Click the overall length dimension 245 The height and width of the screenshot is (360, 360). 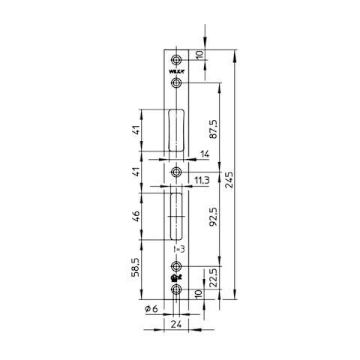coord(229,179)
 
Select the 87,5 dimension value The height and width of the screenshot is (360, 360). coord(214,129)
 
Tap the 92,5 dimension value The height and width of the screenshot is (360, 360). coord(213,217)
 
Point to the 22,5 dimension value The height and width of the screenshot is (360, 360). coord(213,277)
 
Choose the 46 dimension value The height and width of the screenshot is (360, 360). coord(136,217)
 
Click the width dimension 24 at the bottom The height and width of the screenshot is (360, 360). coord(176,324)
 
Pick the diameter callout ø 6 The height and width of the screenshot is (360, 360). coord(151,309)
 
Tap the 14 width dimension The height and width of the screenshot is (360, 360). coord(205,154)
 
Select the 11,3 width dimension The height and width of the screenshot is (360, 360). coord(202,180)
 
